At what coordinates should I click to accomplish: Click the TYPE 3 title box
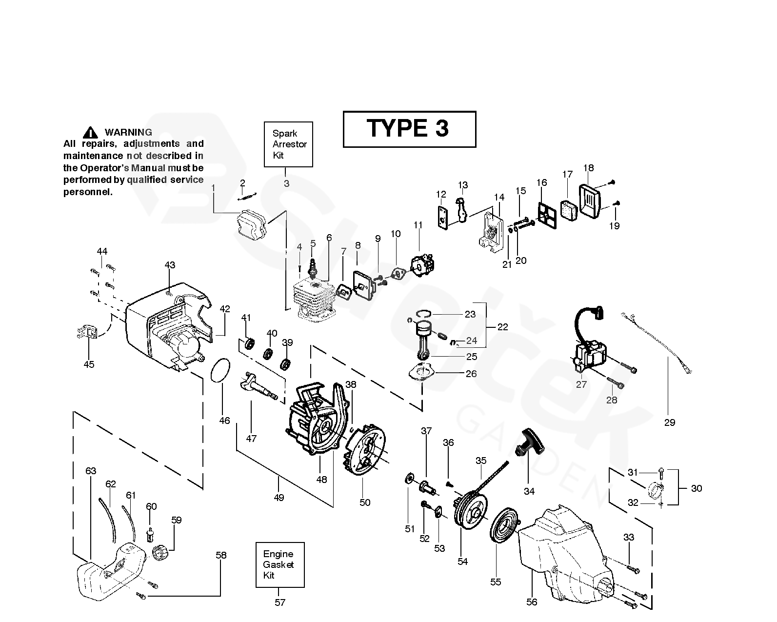click(409, 129)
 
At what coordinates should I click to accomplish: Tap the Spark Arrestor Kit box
click(288, 144)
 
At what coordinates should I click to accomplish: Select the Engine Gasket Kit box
click(280, 564)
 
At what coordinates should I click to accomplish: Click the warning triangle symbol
click(91, 132)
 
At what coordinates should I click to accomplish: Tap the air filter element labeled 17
click(567, 209)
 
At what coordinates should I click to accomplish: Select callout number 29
click(670, 422)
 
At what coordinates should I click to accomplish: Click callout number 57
click(279, 602)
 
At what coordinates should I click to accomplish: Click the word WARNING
click(128, 132)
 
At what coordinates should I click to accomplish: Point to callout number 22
click(502, 327)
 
